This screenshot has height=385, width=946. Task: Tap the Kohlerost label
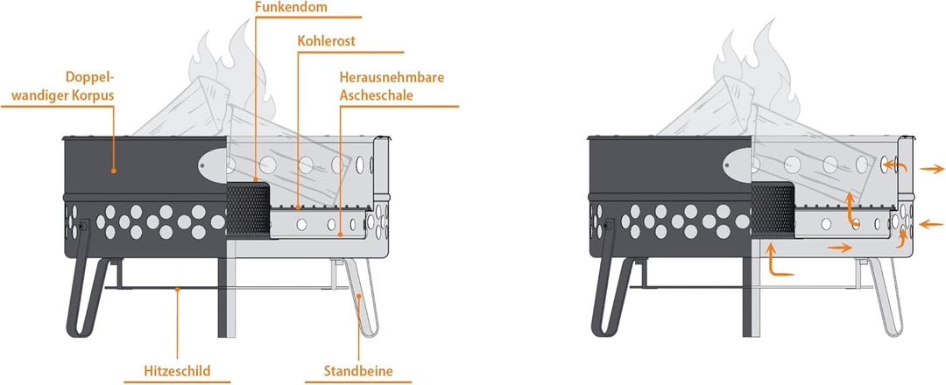[327, 42]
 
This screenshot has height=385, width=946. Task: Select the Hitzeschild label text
[177, 370]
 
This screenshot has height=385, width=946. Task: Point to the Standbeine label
[358, 370]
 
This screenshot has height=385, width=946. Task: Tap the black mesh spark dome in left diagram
[247, 209]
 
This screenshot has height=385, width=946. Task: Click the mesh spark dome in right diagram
[773, 209]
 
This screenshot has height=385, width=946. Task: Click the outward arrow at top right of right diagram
[932, 170]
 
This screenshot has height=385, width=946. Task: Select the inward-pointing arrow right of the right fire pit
[931, 223]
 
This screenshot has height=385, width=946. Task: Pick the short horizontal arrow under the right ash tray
[840, 247]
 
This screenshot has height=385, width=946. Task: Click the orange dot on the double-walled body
[113, 171]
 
